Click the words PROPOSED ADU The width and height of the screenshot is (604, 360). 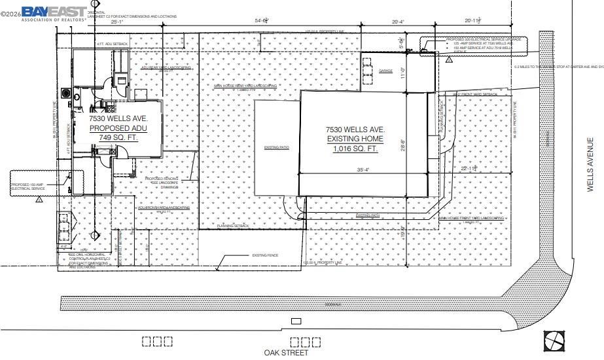(x=118, y=128)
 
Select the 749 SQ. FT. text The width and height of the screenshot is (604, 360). (x=118, y=137)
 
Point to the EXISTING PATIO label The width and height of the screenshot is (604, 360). (x=276, y=148)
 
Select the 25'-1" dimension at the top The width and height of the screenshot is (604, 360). (x=117, y=22)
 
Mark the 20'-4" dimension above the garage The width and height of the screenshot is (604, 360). (x=398, y=22)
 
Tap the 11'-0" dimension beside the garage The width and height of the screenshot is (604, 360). (x=403, y=73)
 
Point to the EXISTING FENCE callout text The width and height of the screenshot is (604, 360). (x=265, y=255)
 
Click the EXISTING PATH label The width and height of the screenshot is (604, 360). (x=368, y=215)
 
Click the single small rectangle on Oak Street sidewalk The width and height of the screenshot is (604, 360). (x=296, y=321)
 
